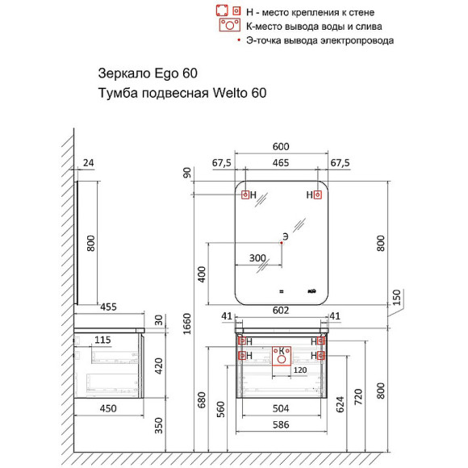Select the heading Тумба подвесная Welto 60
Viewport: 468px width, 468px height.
(x=181, y=93)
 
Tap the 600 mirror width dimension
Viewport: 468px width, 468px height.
(x=280, y=147)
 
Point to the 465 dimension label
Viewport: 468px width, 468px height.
(x=280, y=163)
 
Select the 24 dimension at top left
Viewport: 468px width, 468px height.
(x=89, y=163)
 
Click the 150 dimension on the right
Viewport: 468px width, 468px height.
(x=395, y=298)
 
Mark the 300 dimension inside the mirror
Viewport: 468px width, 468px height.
(x=257, y=258)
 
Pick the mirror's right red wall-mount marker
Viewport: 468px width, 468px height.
(x=318, y=195)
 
